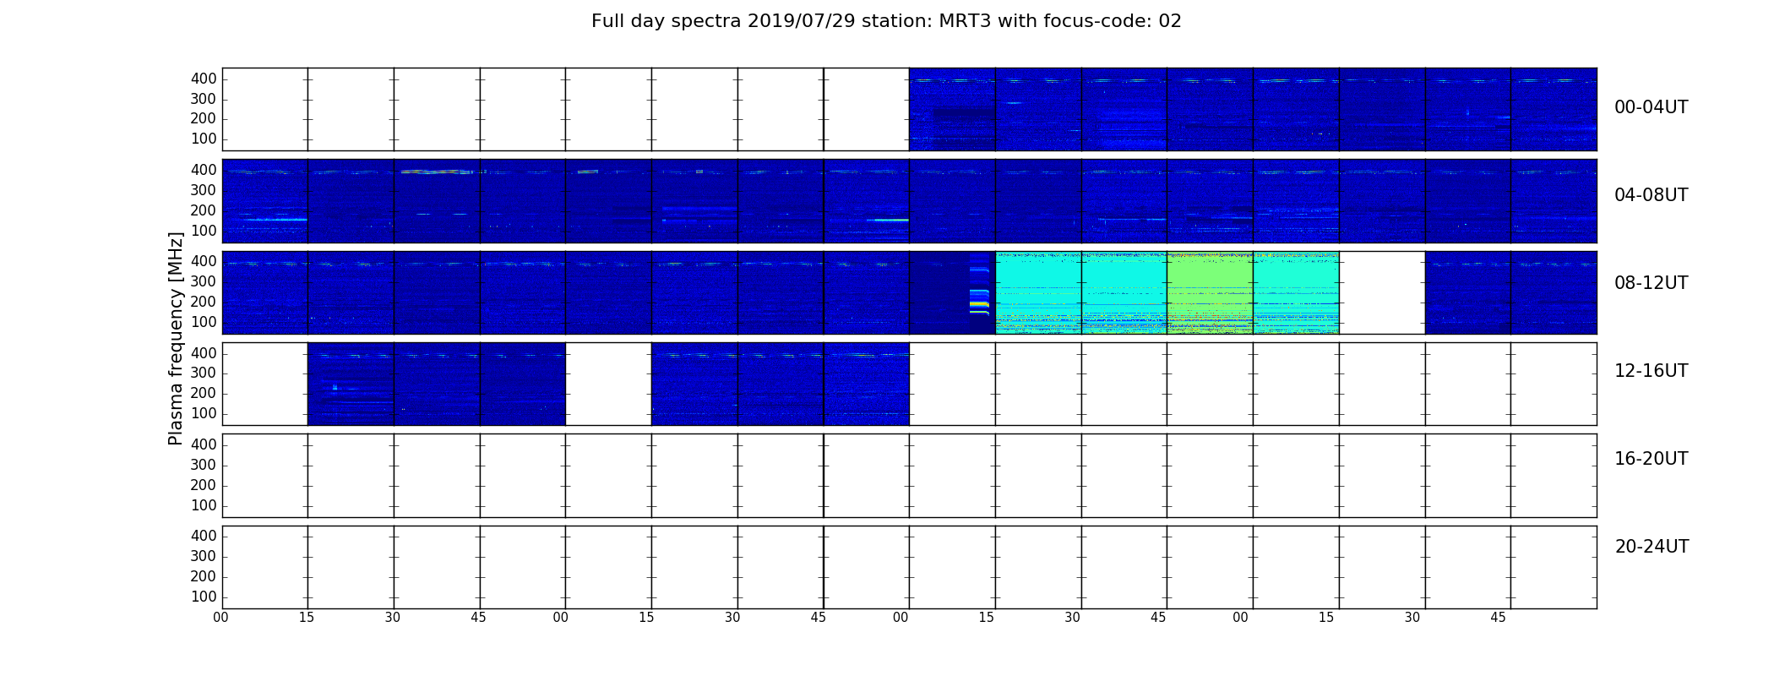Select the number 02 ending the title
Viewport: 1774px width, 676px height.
tap(1170, 21)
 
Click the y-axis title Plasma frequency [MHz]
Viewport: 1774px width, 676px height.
tap(176, 338)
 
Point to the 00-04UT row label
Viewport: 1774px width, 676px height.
tap(1652, 107)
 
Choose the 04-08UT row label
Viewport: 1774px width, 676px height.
tap(1652, 195)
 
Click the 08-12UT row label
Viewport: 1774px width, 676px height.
tap(1652, 283)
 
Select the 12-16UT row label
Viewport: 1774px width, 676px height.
tap(1652, 371)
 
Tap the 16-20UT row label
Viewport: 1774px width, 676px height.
tap(1652, 459)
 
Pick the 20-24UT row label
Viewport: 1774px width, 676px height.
tap(1652, 547)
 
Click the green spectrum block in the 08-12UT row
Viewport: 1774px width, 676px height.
tap(1210, 292)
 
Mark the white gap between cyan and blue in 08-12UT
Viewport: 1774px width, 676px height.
tap(1382, 292)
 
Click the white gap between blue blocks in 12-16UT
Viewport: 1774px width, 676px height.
tap(608, 384)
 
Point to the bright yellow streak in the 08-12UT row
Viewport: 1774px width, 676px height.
tap(979, 303)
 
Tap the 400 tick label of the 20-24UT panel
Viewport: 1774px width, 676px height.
tap(204, 536)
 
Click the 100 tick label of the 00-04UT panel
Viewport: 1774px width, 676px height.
tap(204, 139)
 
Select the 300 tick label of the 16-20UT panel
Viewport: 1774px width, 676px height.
tap(204, 465)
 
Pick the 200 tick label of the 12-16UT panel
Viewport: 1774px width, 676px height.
tap(204, 394)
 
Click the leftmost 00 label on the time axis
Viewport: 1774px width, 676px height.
tap(220, 618)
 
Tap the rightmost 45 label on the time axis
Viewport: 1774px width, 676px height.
tap(1498, 618)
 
